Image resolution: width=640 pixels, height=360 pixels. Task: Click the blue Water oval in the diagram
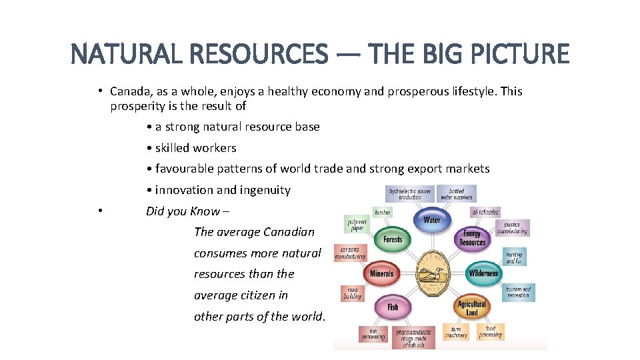pos(431,219)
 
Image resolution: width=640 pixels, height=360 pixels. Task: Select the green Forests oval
pos(393,239)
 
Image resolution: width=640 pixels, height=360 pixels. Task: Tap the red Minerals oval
pos(381,273)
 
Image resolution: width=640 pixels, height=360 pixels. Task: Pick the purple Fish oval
pos(393,307)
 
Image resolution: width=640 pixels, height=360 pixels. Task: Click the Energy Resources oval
pos(472,239)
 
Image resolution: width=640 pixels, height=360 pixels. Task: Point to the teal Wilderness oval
pos(483,273)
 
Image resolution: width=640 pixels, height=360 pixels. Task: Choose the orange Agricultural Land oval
pos(472,308)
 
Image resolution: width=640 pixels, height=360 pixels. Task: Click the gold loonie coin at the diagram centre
pos(433,273)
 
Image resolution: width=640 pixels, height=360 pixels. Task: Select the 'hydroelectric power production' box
pos(410,194)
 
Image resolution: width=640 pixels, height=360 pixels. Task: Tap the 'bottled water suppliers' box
pos(457,194)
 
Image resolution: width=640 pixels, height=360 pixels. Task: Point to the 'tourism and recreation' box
pos(518,292)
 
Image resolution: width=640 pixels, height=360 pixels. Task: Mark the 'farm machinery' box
pos(456,331)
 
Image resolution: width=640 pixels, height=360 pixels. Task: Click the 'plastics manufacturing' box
pos(513,228)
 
